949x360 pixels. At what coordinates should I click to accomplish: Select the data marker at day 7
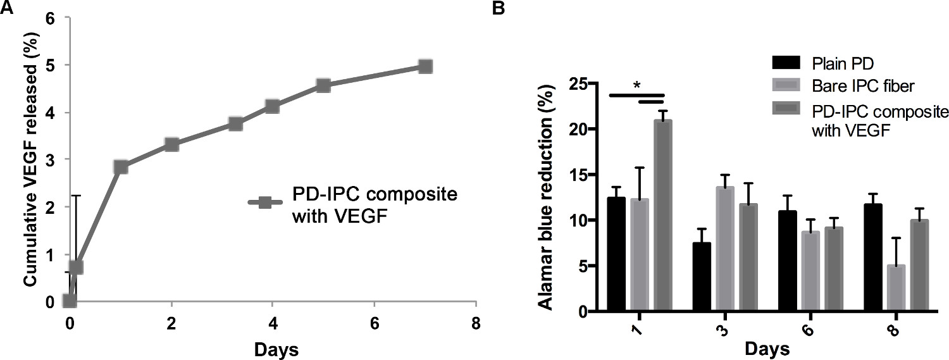(425, 66)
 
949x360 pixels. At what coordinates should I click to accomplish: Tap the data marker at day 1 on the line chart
(121, 167)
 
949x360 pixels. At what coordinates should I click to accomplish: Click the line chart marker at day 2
(171, 145)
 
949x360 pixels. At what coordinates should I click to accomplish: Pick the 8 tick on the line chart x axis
(476, 323)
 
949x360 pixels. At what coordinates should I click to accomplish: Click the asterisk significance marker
(636, 85)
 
